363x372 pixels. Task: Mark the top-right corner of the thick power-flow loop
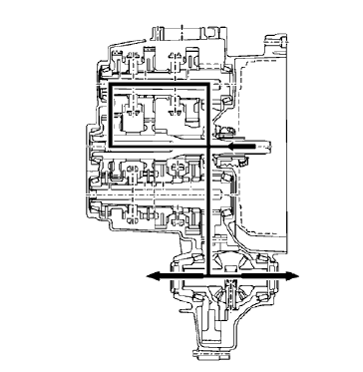point(206,86)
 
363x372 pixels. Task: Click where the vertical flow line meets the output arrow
point(206,275)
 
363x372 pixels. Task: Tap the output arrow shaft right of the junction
point(249,275)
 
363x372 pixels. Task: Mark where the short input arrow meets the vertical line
point(206,147)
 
